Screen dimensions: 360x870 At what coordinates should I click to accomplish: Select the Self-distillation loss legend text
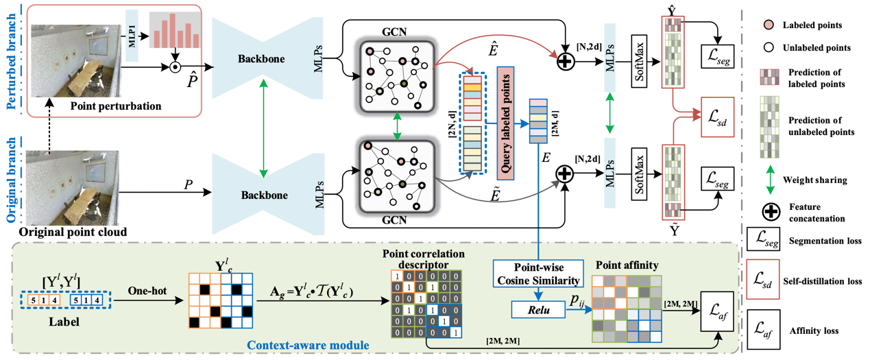pyautogui.click(x=826, y=281)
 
